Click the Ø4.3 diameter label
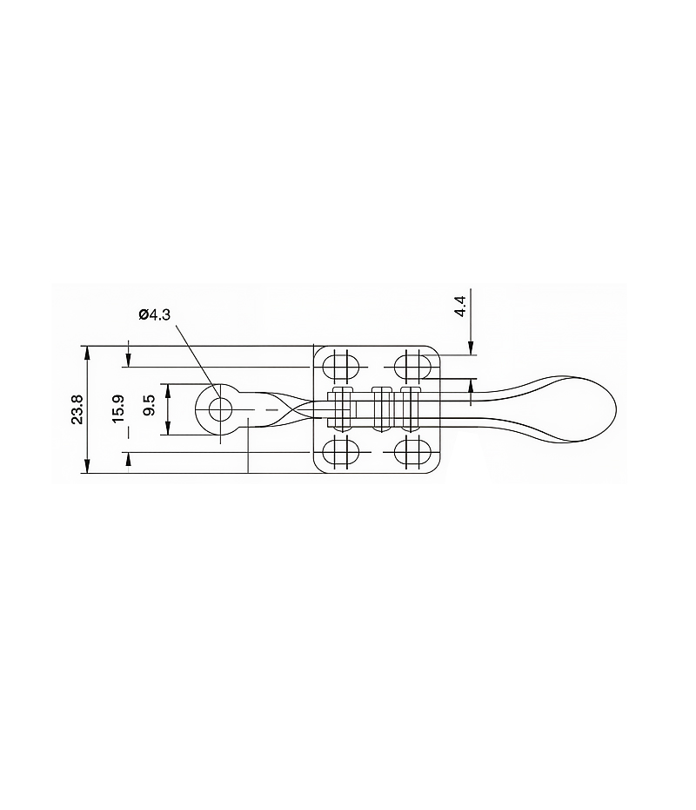point(155,314)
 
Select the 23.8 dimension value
point(77,409)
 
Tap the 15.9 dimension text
point(118,409)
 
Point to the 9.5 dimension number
point(150,406)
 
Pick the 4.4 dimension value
point(460,307)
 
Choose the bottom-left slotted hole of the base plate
point(340,452)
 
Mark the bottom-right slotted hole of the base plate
point(412,452)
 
